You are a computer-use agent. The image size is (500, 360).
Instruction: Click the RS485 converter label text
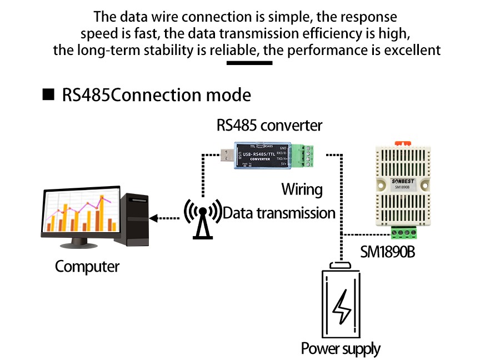pos(269,125)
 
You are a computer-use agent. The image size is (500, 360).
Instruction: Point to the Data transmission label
pos(279,213)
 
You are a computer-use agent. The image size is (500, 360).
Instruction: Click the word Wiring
pos(302,189)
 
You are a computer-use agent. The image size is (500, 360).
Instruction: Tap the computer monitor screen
pos(80,213)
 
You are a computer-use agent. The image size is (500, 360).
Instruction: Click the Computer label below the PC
pos(87,267)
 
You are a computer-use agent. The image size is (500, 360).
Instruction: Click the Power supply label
pos(341,349)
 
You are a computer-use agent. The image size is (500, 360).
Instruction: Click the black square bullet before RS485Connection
pos(49,94)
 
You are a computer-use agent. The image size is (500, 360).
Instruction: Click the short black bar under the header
pos(249,63)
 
